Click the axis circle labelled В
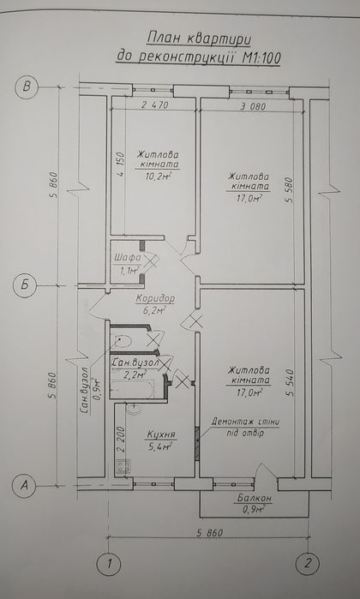tap(26, 87)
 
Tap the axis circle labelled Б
tap(25, 285)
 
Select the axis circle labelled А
tap(24, 485)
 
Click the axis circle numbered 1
tap(109, 564)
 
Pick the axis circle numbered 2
tap(309, 563)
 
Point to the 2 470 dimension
tap(155, 105)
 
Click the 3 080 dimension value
tap(253, 106)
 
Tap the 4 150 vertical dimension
tap(121, 165)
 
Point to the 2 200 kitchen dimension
tap(122, 440)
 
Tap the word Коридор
tap(155, 298)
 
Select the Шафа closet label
tap(127, 257)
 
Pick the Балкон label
tap(254, 498)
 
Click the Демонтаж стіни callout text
tap(246, 422)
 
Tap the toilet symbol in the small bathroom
tap(123, 340)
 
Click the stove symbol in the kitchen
tap(123, 466)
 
